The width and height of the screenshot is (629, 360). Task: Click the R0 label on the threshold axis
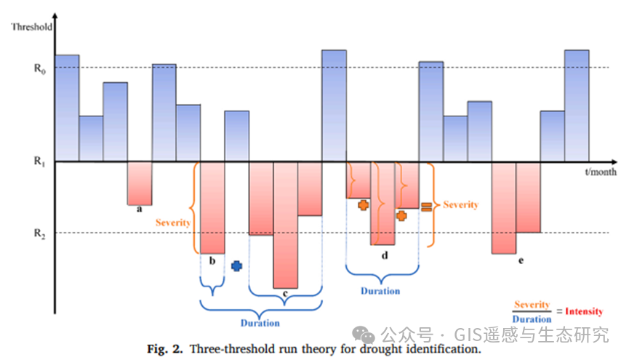tap(40, 69)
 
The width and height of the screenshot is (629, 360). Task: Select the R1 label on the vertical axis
tap(40, 161)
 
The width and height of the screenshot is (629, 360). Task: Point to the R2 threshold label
tap(40, 234)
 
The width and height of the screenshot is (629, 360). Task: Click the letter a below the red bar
tap(139, 209)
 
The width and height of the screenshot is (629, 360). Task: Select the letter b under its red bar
tap(212, 260)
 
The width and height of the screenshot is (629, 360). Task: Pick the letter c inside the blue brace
tap(284, 294)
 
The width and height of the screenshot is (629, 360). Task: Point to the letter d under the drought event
tap(384, 255)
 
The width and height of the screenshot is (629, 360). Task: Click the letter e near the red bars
tap(521, 260)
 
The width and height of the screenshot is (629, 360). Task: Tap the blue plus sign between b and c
tap(236, 266)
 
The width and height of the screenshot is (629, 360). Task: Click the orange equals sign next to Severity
tap(426, 206)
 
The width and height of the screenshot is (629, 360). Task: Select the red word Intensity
tap(584, 311)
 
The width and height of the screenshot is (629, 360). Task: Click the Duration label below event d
tap(380, 291)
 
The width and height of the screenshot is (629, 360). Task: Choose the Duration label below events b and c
tap(260, 323)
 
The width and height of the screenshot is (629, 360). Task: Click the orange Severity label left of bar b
tap(173, 223)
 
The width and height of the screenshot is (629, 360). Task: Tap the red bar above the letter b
tap(212, 207)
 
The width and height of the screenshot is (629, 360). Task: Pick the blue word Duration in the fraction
tap(532, 319)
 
